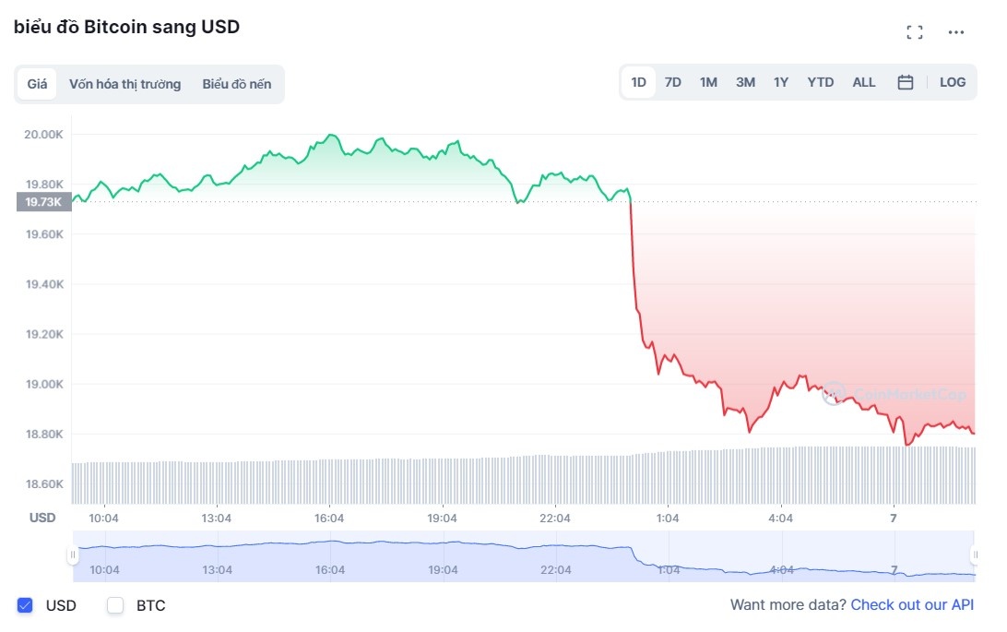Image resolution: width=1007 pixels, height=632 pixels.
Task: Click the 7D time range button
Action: pos(673,82)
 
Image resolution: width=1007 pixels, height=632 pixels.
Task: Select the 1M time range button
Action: pos(708,82)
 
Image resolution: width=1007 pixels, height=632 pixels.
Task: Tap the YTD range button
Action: pos(820,82)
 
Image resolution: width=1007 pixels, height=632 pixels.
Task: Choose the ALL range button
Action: pos(864,82)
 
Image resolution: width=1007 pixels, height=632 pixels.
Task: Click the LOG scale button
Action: pos(953,82)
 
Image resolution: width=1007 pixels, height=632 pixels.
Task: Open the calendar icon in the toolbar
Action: pos(906,82)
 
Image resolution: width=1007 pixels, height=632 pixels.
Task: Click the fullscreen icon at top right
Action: pos(915,32)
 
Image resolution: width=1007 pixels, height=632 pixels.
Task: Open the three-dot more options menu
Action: pos(956,32)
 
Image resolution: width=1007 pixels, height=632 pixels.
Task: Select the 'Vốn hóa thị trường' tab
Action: pos(124,84)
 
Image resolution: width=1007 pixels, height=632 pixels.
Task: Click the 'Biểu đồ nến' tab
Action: pos(237,84)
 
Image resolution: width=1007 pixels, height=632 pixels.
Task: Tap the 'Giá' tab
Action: pos(37,84)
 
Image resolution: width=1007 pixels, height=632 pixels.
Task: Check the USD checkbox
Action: pos(26,605)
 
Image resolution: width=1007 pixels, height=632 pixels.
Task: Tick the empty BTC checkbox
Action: pos(115,605)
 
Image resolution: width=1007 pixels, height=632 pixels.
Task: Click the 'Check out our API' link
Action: pos(912,605)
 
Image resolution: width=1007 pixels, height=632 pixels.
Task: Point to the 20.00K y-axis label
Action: pos(44,135)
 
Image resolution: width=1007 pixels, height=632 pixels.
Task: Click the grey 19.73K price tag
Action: pos(43,202)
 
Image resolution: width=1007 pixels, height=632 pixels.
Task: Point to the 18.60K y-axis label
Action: pos(44,484)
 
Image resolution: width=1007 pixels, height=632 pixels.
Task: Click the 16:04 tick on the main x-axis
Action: pos(329,519)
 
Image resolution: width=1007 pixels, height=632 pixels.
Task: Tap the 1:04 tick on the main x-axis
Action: pos(667,519)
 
